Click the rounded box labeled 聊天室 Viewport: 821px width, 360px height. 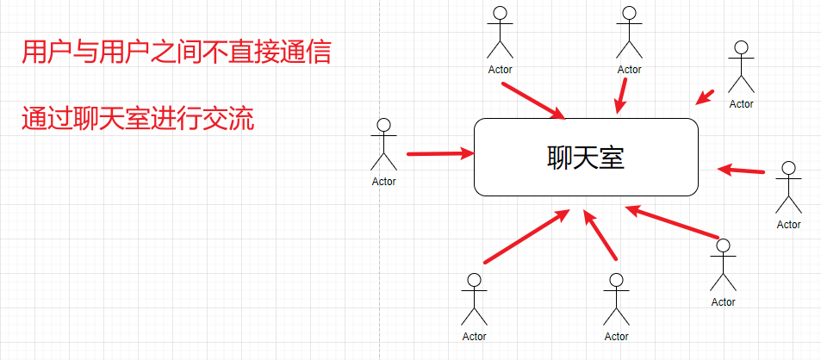(586, 156)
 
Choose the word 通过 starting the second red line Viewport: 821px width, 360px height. (41, 119)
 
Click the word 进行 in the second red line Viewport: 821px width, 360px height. (177, 119)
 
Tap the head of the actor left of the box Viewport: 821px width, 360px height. (384, 126)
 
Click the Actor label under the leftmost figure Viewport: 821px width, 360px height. (384, 182)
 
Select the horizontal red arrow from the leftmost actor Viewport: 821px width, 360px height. (440, 154)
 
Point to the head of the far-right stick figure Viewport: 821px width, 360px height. (788, 169)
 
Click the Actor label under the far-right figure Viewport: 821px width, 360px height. (788, 225)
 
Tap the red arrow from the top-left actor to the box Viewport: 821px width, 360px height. (533, 100)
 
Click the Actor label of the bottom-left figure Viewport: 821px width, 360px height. (474, 337)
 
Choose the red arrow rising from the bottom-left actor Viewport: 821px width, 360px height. (526, 237)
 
